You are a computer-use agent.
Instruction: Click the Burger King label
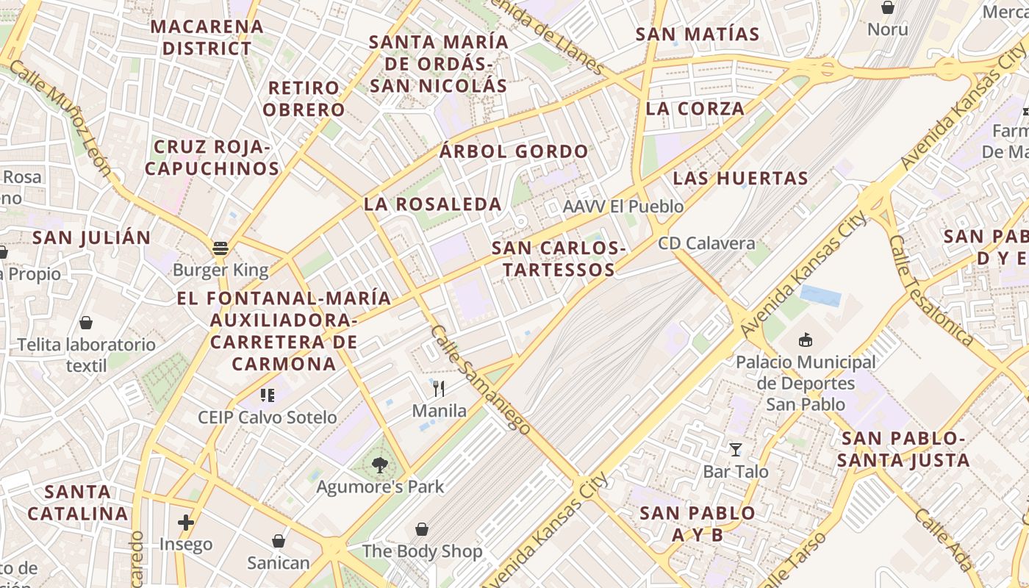[220, 270]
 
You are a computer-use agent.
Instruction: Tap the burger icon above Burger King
[220, 248]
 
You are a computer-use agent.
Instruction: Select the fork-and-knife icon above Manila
[439, 388]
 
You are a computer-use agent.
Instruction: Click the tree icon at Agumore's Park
[379, 465]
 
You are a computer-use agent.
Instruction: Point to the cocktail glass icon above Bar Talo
[735, 449]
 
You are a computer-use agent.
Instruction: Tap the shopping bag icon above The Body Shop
[422, 529]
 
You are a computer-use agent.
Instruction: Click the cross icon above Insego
[186, 523]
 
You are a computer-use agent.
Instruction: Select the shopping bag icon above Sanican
[279, 541]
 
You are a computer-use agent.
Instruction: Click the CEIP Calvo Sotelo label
[268, 417]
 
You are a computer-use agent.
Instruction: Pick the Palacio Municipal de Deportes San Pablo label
[806, 383]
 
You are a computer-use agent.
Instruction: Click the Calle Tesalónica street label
[931, 290]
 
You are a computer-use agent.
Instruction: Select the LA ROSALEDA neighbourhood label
[433, 204]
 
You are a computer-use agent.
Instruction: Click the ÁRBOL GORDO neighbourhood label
[514, 152]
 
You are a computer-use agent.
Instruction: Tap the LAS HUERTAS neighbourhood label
[740, 178]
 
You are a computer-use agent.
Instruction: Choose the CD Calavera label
[706, 243]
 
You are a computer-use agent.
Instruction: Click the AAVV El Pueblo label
[623, 207]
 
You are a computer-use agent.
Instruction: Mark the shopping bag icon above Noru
[888, 8]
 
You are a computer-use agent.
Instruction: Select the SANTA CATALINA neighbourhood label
[78, 502]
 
